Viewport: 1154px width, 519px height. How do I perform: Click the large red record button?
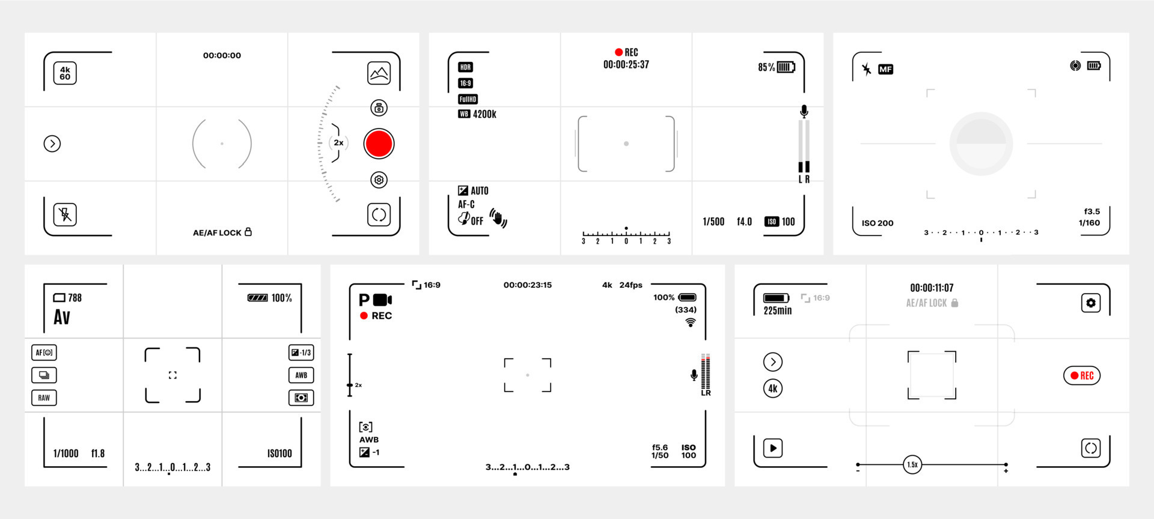[379, 144]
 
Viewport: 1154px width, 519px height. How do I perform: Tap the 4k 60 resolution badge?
[65, 73]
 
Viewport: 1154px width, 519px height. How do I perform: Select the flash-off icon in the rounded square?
[65, 214]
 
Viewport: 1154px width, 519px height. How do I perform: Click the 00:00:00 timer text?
[222, 55]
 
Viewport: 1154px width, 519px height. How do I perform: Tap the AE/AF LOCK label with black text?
[222, 232]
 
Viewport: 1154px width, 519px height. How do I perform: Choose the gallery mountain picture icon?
[379, 73]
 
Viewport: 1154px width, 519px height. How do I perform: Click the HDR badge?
[465, 67]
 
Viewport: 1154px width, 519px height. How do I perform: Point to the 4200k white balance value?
[484, 114]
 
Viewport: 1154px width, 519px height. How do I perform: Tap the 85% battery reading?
[766, 67]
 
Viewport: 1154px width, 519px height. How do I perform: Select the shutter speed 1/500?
[713, 222]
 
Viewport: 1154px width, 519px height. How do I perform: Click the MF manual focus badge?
[885, 70]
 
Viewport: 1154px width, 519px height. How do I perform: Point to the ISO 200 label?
[878, 223]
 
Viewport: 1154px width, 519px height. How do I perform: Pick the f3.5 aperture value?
[1091, 211]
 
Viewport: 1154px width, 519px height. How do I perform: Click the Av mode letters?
[62, 317]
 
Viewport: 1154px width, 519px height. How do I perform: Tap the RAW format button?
[44, 398]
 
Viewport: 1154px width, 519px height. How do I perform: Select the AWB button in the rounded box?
[301, 375]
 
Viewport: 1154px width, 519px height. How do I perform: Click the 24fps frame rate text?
[631, 285]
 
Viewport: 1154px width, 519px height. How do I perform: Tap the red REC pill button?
[1081, 375]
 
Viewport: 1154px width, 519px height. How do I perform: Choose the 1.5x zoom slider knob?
[912, 464]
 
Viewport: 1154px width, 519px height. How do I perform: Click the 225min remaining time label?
[777, 311]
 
